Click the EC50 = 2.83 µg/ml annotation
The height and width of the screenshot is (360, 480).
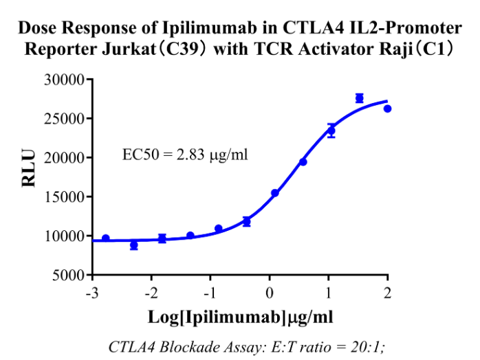point(185,154)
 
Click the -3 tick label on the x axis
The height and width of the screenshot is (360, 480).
point(90,293)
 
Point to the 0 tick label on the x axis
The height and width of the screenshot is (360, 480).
point(270,293)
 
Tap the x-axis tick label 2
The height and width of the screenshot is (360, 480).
point(388,293)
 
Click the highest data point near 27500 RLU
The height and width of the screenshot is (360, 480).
point(359,98)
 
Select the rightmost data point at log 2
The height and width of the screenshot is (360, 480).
point(387,109)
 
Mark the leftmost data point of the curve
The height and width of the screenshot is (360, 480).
point(105,238)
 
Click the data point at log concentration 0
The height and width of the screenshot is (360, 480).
point(274,193)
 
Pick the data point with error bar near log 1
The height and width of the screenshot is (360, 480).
point(331,131)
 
